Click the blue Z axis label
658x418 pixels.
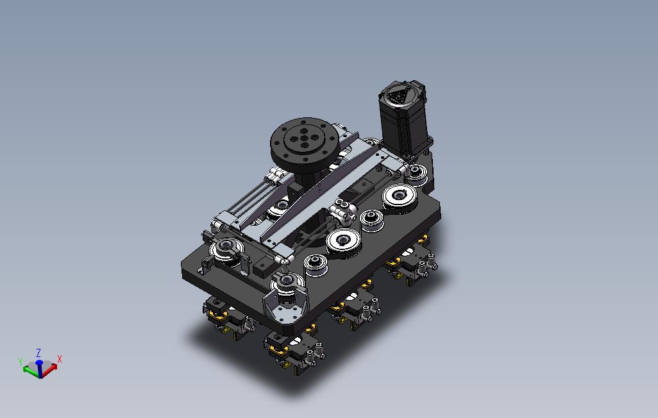click(38, 353)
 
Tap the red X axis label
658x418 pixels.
click(60, 359)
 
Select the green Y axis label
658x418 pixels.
click(21, 362)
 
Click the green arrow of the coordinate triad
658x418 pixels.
click(30, 370)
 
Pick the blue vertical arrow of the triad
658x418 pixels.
click(40, 368)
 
